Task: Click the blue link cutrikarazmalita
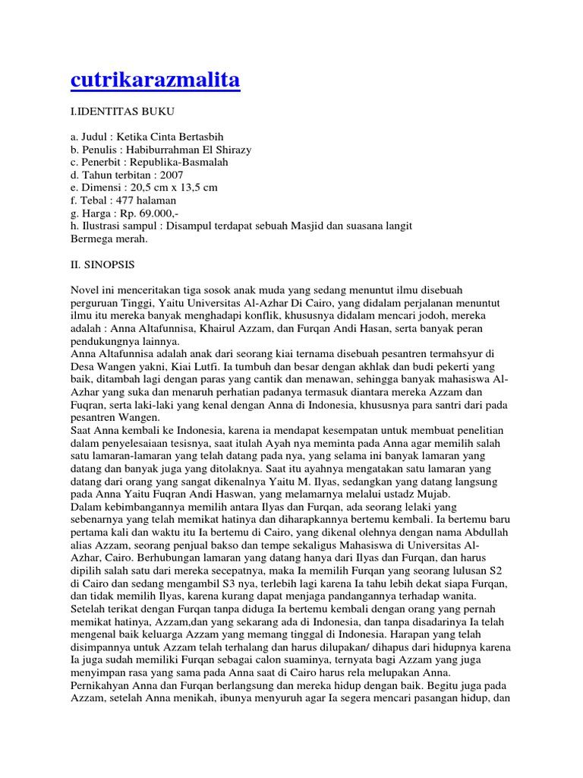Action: click(155, 81)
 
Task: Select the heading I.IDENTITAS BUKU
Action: click(122, 112)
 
